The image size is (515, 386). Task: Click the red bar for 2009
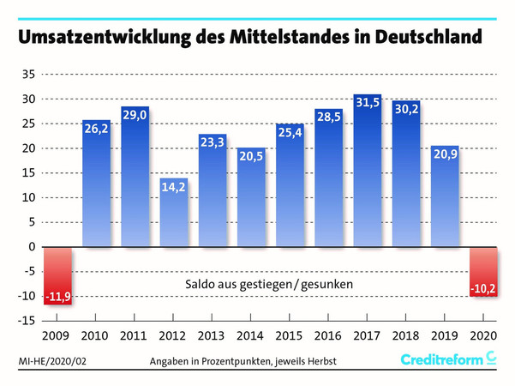point(57,274)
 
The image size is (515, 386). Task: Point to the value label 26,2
point(96,130)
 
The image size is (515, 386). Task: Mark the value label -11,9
point(57,297)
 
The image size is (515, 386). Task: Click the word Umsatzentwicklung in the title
point(111,37)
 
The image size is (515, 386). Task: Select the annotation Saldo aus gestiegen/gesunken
point(269,283)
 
